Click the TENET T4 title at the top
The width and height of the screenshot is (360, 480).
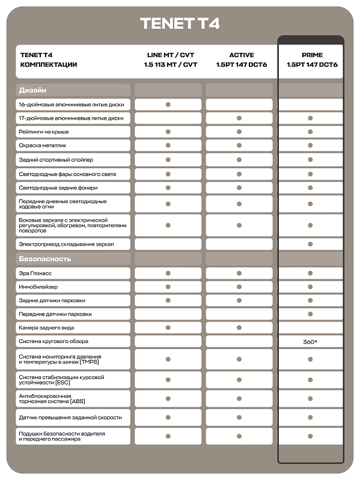click(180, 23)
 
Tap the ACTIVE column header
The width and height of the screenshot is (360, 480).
click(241, 55)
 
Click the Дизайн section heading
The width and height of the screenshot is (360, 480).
click(33, 90)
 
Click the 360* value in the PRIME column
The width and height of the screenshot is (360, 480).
click(311, 341)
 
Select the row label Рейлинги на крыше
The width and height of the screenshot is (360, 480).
click(44, 132)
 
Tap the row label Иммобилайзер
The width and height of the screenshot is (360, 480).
click(40, 287)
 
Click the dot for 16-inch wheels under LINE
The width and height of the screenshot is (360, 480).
click(168, 105)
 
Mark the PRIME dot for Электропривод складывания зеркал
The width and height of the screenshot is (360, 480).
click(311, 244)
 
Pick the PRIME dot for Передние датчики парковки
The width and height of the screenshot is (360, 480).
click(311, 314)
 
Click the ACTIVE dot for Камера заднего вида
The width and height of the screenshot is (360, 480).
click(239, 327)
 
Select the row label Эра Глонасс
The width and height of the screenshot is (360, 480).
click(37, 273)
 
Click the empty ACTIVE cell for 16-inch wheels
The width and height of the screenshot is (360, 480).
click(239, 105)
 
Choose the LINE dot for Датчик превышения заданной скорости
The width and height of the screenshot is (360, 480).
click(168, 418)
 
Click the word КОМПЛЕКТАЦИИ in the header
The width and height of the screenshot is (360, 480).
click(49, 64)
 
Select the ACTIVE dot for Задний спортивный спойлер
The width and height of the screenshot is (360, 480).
click(239, 160)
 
